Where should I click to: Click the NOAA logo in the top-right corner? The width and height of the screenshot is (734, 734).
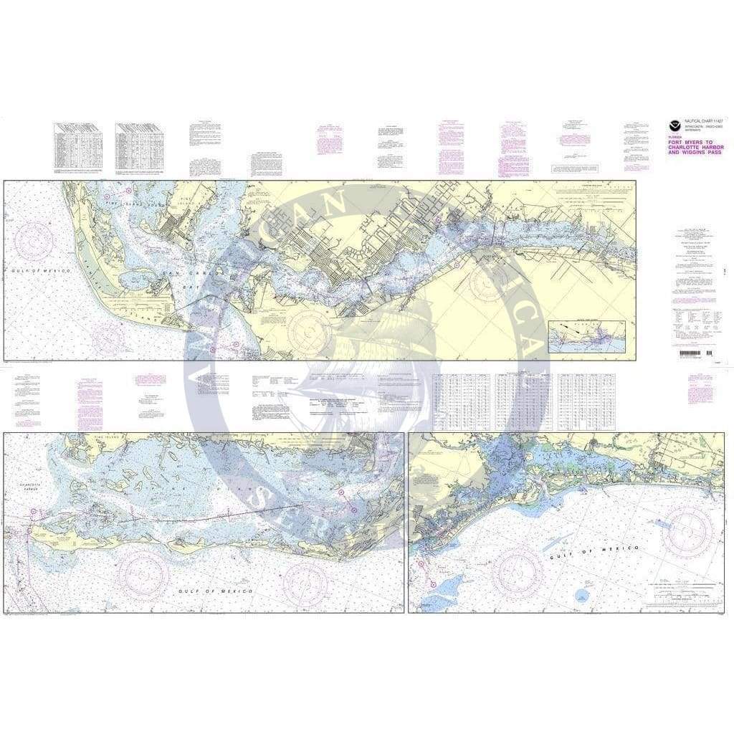[674, 124]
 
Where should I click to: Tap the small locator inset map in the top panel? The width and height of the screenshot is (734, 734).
[588, 336]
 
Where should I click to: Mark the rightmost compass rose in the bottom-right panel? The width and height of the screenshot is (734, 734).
[686, 531]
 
